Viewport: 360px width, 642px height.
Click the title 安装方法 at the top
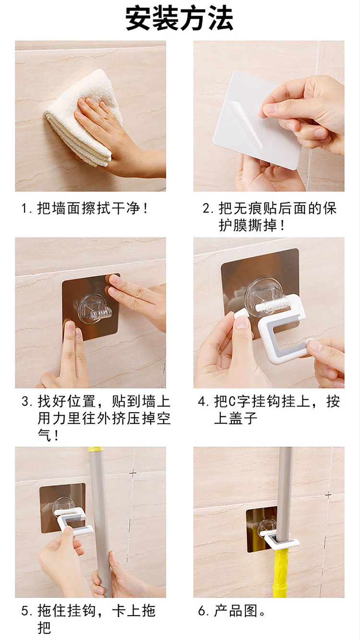180,19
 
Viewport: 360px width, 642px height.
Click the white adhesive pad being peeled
252,120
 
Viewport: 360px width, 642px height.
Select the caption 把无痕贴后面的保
277,208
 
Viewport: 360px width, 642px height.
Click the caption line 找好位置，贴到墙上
104,402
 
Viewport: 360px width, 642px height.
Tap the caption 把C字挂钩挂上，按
277,402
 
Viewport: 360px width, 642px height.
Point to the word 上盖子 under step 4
236,418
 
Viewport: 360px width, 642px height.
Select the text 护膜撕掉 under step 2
248,226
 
